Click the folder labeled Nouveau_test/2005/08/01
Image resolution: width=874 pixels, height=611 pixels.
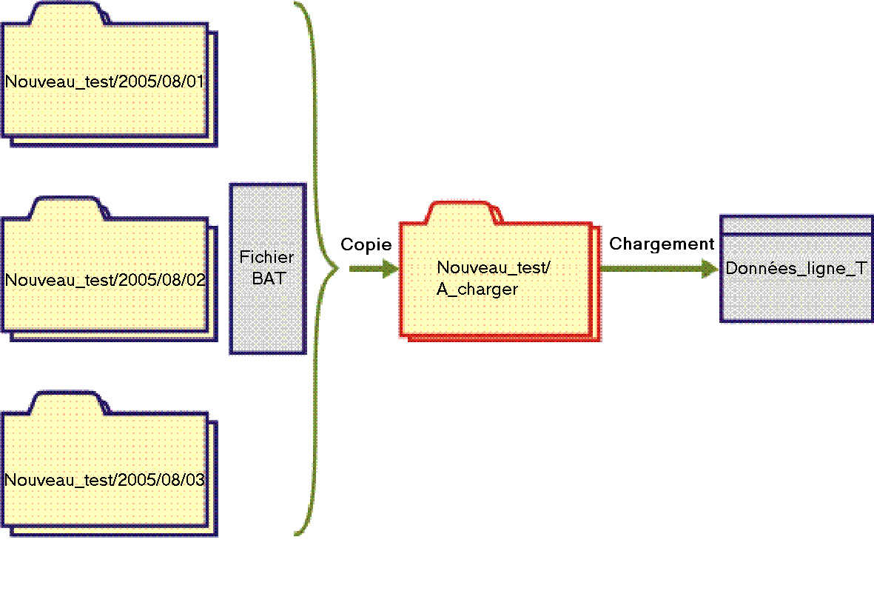point(104,81)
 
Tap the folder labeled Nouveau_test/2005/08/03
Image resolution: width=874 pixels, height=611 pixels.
point(104,479)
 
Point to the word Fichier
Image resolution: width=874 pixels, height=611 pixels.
point(266,258)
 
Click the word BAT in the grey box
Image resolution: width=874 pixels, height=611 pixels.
point(267,279)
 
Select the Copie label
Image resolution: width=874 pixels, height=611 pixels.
point(366,245)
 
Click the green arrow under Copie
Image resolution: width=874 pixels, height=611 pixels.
point(374,269)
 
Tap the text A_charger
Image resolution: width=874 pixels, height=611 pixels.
point(477,290)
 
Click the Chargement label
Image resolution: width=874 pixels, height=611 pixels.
point(662,244)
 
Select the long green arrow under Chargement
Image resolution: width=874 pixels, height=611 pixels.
point(659,269)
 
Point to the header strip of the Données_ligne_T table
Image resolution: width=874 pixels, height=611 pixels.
point(796,225)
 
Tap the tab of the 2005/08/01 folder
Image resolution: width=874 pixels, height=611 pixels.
point(64,14)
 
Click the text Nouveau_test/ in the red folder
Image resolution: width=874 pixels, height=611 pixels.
point(494,268)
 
